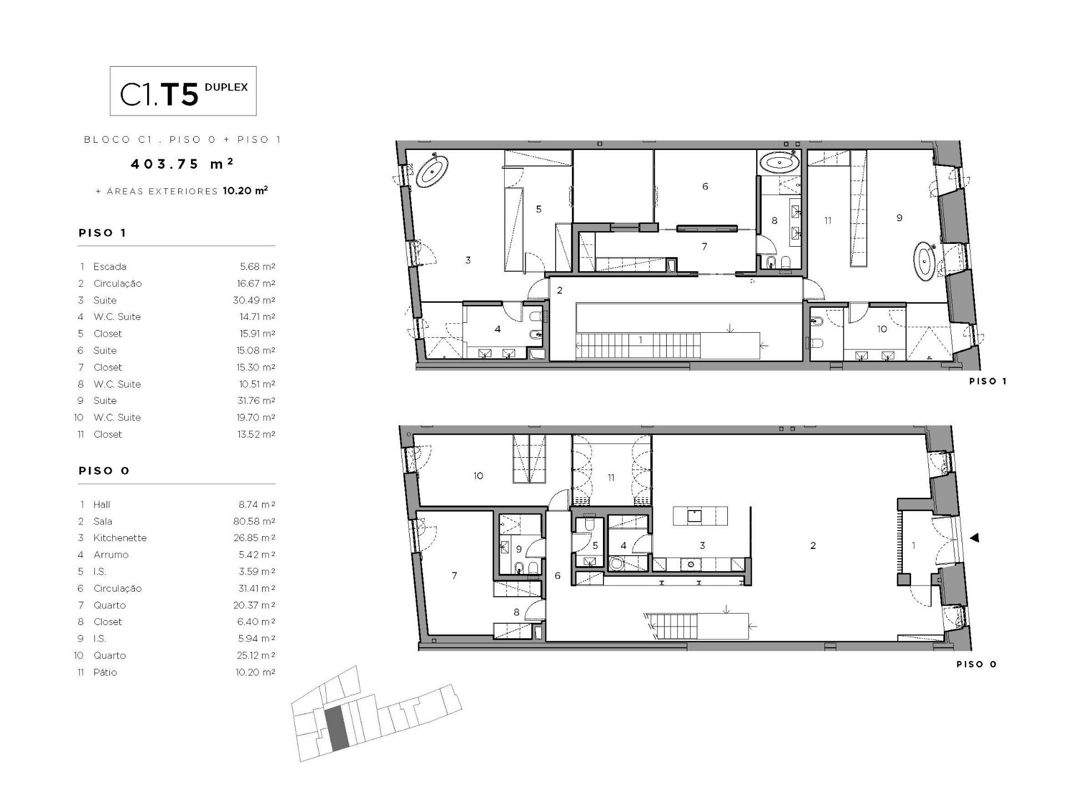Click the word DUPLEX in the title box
(x=226, y=87)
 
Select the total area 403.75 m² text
(x=182, y=163)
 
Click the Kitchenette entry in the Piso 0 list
(x=120, y=538)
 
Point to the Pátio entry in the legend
(x=105, y=672)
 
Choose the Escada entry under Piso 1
(x=110, y=267)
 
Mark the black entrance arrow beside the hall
(x=974, y=538)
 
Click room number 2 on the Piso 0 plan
(x=813, y=546)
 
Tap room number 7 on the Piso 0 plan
(x=454, y=576)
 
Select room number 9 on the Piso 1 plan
(x=899, y=218)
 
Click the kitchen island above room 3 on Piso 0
(x=700, y=516)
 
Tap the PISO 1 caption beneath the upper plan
(x=988, y=381)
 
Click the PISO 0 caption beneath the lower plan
(x=977, y=664)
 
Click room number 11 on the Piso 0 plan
(x=611, y=477)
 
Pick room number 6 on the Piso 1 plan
(x=705, y=186)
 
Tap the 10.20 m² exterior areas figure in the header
(x=245, y=191)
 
